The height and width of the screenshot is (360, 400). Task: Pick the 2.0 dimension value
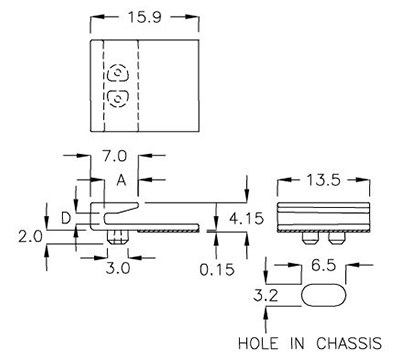[x=30, y=236]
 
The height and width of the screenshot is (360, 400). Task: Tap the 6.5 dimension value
[x=322, y=267]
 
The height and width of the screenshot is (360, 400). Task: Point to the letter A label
[x=121, y=181]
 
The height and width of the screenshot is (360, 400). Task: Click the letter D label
[x=65, y=217]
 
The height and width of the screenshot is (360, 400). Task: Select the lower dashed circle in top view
[x=117, y=98]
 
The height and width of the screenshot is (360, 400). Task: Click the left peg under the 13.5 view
[x=306, y=239]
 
